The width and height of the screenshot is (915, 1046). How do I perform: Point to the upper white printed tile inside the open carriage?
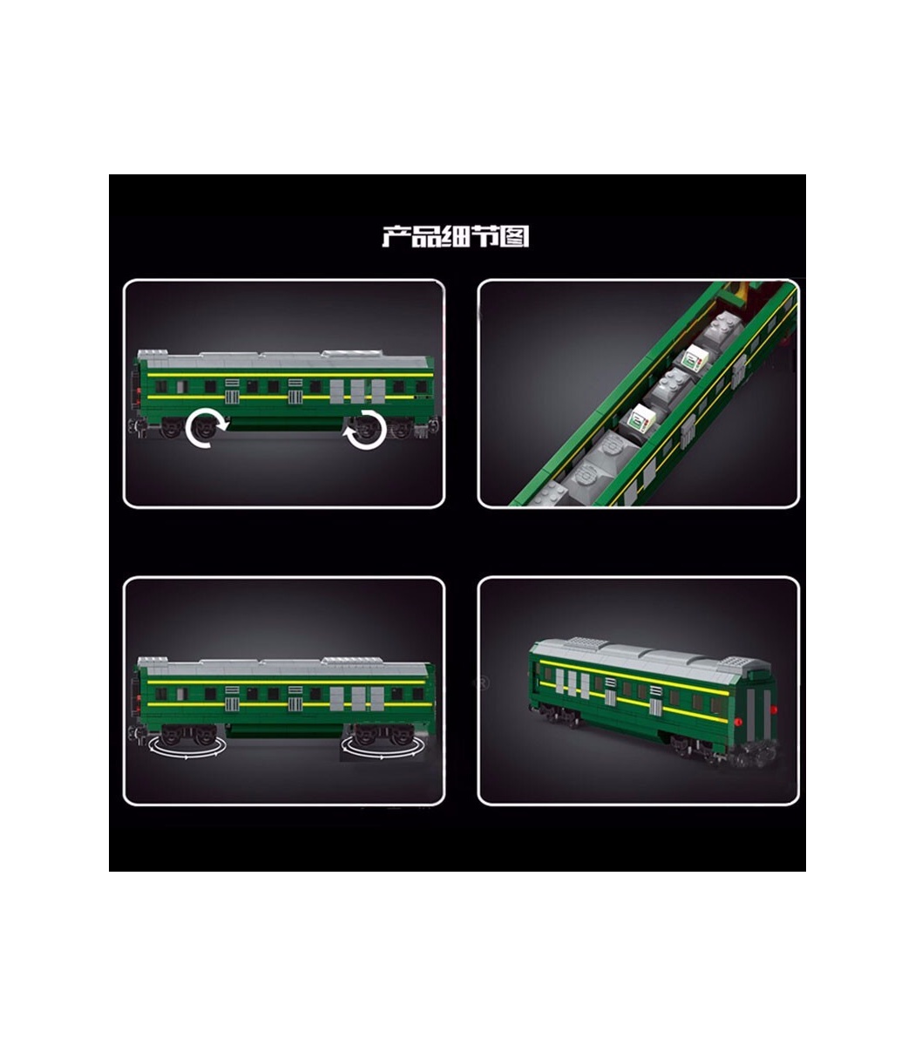(695, 357)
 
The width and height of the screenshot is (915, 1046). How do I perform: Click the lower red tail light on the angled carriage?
(737, 722)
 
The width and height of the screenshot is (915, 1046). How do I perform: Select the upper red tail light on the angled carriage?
(774, 710)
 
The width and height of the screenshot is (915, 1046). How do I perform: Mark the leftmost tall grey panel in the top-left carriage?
(336, 391)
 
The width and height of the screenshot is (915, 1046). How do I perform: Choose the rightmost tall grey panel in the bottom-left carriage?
(377, 698)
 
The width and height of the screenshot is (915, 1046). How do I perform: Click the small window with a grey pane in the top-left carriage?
(182, 386)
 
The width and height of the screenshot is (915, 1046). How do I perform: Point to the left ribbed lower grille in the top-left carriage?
(232, 397)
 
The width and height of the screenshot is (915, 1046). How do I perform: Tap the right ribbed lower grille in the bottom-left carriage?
(295, 704)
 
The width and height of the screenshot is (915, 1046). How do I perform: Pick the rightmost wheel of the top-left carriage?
(400, 427)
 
